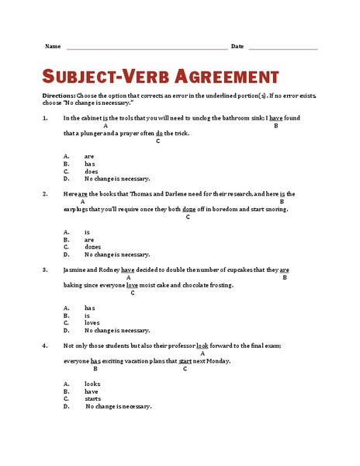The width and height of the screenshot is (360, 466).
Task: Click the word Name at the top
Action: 53,47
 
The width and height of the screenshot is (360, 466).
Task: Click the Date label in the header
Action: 237,47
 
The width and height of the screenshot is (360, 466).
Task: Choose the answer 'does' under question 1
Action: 91,172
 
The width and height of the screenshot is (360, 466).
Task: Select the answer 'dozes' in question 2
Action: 92,247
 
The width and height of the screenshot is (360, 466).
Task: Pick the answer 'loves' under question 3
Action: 92,323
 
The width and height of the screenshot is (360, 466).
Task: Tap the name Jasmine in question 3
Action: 76,270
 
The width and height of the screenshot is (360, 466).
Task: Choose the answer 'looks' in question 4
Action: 92,384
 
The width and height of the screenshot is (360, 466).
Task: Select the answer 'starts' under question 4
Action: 92,398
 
